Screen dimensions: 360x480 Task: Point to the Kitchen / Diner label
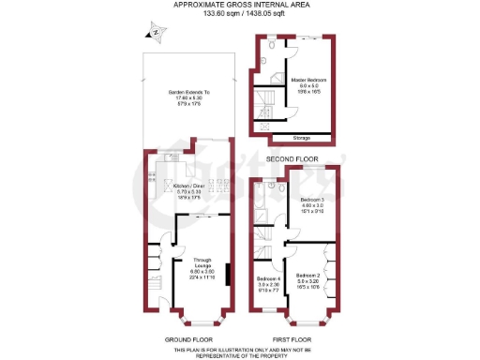click(189, 186)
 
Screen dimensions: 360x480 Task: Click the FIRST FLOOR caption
click(293, 337)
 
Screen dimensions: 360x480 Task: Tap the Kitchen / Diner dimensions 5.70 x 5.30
click(189, 191)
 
